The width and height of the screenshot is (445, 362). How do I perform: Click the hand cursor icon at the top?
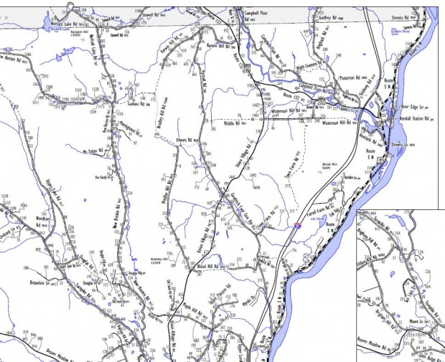pyautogui.click(x=70, y=4)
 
